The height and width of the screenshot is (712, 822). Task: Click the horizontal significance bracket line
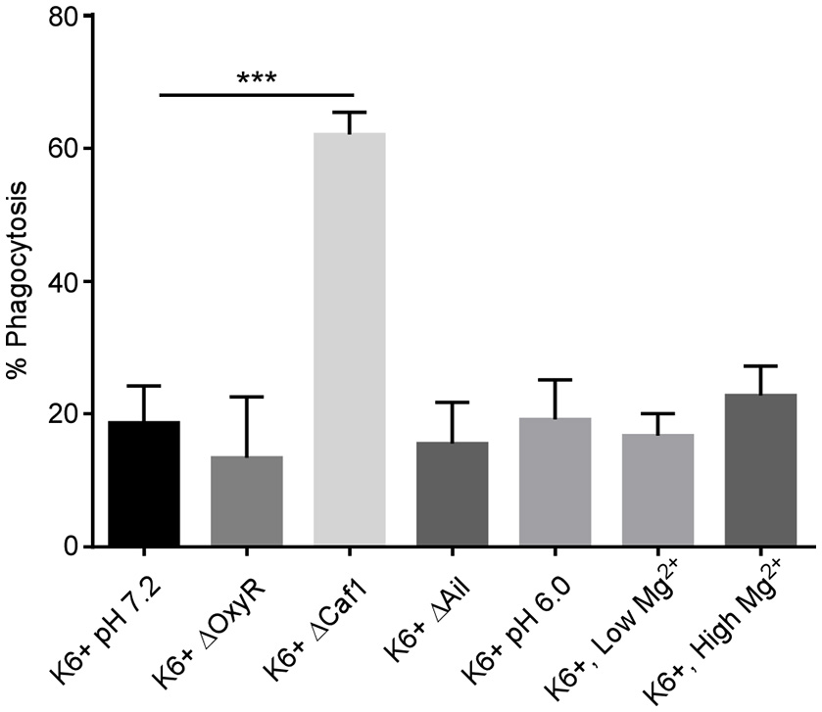coord(249,95)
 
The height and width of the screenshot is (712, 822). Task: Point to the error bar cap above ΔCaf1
coord(349,113)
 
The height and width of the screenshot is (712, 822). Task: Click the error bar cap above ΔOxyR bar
coord(246,397)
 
